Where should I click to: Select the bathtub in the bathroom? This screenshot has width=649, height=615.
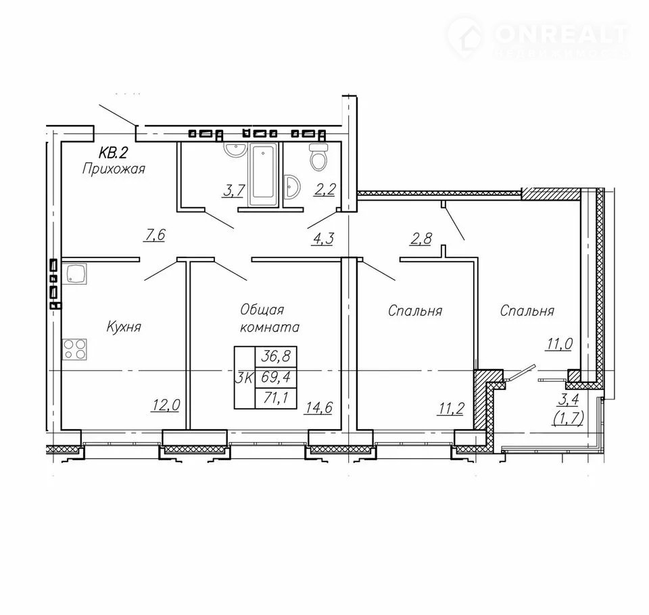point(263,174)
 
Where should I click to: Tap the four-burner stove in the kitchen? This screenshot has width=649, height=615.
point(74,349)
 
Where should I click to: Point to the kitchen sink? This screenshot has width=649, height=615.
point(74,274)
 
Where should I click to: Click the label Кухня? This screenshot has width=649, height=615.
point(124,327)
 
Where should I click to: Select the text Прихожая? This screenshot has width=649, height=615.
point(114,169)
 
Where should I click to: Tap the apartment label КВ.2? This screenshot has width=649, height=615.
point(112,153)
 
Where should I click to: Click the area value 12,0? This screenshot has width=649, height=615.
point(166,405)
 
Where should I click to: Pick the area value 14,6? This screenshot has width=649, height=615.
point(318,408)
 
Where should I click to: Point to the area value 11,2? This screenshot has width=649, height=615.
point(451,408)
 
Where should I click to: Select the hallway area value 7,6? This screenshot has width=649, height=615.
point(154,235)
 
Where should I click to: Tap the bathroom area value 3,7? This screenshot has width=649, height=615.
point(235,191)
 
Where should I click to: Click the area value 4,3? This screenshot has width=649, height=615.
point(323,239)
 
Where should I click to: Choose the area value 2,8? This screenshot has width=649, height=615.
point(421,239)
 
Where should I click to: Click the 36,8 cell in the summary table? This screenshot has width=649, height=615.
point(276,356)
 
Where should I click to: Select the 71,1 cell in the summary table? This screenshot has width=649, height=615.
point(276,398)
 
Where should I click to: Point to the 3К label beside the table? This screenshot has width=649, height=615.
point(244,377)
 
